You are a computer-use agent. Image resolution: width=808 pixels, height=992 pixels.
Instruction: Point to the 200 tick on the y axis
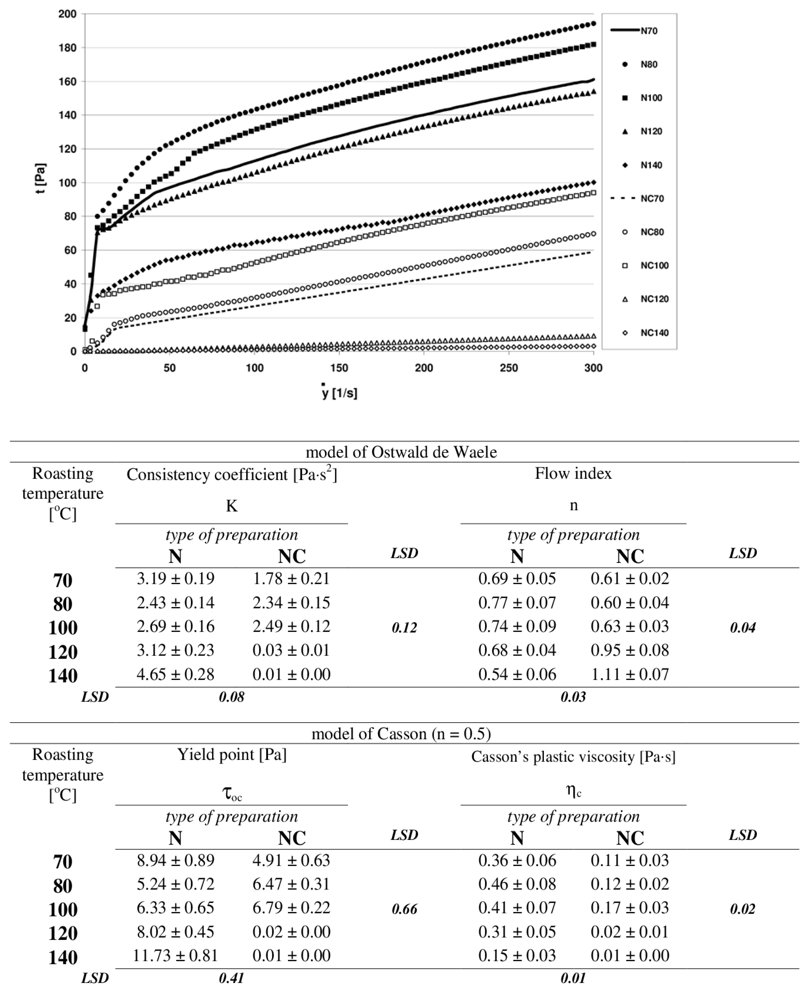pyautogui.click(x=67, y=14)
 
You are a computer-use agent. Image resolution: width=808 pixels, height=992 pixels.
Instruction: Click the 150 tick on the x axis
pyautogui.click(x=339, y=368)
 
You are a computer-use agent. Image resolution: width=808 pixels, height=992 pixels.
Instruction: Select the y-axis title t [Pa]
pyautogui.click(x=41, y=178)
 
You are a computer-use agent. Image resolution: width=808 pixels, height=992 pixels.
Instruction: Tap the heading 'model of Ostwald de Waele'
pyautogui.click(x=401, y=452)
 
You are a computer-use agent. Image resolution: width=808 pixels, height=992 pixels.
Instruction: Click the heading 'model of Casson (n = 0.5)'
pyautogui.click(x=401, y=734)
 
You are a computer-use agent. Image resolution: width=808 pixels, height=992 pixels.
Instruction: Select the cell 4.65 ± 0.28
pyautogui.click(x=175, y=675)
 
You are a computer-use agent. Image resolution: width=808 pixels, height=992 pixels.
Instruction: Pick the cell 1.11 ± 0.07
pyautogui.click(x=630, y=675)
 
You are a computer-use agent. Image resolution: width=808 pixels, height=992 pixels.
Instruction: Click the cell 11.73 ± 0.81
pyautogui.click(x=175, y=956)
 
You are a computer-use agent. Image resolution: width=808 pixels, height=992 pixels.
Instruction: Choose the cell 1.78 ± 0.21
pyautogui.click(x=291, y=579)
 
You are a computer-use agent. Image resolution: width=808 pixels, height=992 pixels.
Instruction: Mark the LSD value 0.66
pyautogui.click(x=404, y=909)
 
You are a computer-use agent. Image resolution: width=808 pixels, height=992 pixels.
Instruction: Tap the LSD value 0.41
pyautogui.click(x=231, y=978)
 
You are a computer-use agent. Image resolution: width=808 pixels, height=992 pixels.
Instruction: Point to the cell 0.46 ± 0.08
pyautogui.click(x=517, y=884)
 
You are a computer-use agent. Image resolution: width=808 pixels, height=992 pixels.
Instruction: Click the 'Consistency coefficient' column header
pyautogui.click(x=232, y=474)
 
